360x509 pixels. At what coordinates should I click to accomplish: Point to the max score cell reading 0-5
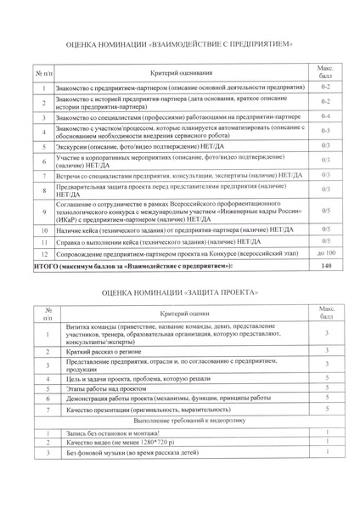[327, 130]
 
